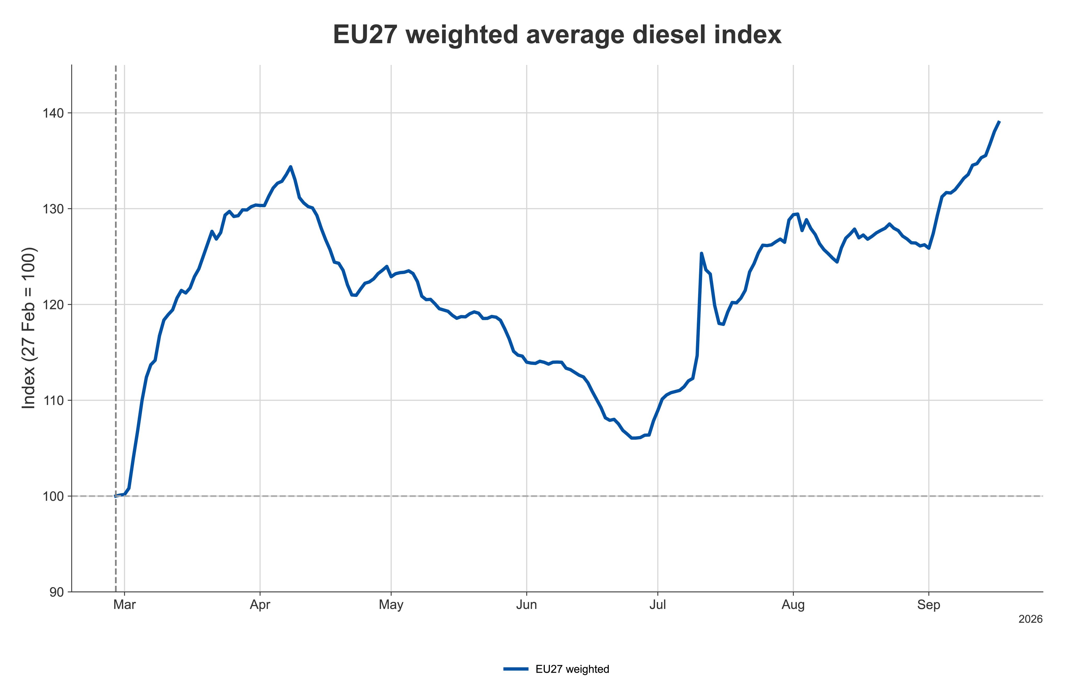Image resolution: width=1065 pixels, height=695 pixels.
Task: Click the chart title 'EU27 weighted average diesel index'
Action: pos(557,35)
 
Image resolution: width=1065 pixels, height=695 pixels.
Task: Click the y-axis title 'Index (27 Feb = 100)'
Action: pos(29,328)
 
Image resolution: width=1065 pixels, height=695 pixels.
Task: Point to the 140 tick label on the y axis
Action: pos(53,113)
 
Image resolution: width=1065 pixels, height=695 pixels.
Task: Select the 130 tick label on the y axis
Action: pos(53,209)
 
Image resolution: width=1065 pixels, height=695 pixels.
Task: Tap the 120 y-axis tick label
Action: pos(53,305)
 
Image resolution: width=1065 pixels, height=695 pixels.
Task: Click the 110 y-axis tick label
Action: pos(53,401)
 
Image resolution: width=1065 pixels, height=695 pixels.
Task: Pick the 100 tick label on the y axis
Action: pos(53,496)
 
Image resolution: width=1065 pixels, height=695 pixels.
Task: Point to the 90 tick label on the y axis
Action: pos(56,592)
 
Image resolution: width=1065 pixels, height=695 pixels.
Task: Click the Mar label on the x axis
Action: pos(124,605)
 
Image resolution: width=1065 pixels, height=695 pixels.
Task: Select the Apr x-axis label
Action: pos(260,605)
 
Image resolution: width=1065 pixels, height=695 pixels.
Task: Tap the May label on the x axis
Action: pos(391,605)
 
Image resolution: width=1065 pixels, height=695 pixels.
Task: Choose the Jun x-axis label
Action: pos(527,605)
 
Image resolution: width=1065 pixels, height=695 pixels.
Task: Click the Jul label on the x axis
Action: pos(658,605)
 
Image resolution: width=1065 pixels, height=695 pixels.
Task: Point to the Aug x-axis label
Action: pos(793,605)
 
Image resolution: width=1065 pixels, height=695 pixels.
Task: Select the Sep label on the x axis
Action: pos(929,605)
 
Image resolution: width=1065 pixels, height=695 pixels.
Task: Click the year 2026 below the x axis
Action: pos(1030,619)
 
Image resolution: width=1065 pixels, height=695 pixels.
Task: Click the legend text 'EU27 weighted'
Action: pos(572,669)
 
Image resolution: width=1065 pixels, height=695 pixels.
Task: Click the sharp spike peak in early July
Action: pos(701,253)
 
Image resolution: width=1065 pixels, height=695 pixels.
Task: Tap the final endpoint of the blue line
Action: pos(999,121)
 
